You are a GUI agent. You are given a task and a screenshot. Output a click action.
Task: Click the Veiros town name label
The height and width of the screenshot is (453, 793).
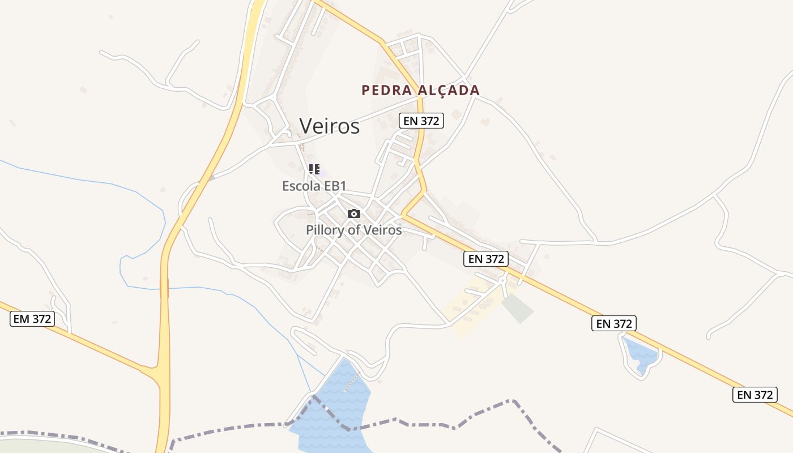point(329,126)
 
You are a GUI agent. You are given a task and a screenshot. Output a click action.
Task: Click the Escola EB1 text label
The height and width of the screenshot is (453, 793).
point(314,186)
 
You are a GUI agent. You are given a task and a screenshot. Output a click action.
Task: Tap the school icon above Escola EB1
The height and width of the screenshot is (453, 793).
point(314,169)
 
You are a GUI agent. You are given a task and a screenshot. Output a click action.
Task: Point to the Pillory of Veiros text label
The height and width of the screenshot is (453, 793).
point(353,230)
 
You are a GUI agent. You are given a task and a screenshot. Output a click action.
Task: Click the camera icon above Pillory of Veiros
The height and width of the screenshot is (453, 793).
point(354,213)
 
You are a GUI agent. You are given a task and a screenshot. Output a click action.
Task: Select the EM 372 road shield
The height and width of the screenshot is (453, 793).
point(32,319)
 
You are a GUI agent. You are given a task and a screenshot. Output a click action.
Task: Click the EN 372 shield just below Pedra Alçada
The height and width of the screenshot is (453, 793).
point(421,120)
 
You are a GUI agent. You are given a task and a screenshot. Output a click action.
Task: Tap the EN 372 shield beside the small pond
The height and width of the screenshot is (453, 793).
point(614,323)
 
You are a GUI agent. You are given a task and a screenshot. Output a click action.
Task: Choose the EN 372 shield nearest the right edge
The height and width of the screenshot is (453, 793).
point(755,395)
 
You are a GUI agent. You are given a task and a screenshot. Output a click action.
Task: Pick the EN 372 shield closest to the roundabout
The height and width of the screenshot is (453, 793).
point(486,259)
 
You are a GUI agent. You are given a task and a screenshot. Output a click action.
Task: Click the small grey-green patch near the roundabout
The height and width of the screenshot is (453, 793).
point(518,307)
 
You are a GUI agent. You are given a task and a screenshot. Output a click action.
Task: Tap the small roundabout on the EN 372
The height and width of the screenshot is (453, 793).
point(502,280)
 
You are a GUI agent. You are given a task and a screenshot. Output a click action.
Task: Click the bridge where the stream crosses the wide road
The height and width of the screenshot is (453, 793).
point(164,288)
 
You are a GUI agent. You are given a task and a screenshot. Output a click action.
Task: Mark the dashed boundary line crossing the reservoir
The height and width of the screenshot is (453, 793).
point(329,411)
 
